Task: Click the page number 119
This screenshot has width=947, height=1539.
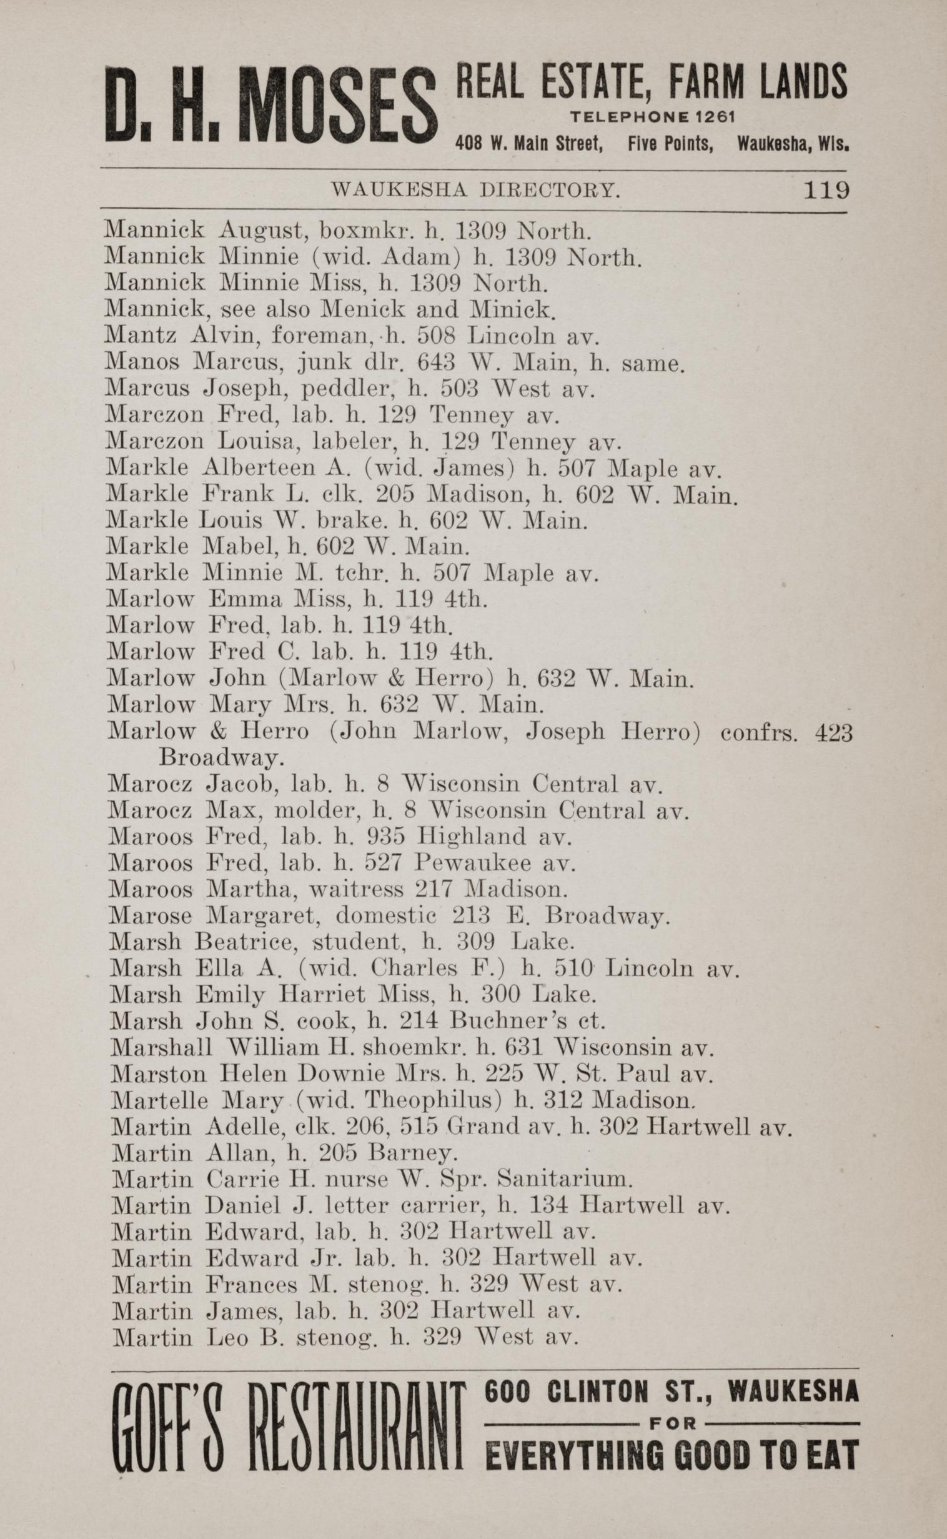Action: point(826,189)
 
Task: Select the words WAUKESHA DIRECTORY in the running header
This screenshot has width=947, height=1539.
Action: point(476,190)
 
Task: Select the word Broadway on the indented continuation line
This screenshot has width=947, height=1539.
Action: point(222,758)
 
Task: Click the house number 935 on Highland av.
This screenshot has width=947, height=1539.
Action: point(386,837)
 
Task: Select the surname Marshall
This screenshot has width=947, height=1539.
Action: point(162,1047)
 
